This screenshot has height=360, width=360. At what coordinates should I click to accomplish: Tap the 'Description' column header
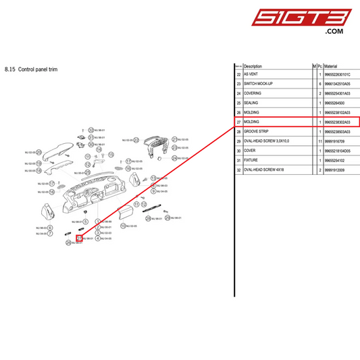coord(253,66)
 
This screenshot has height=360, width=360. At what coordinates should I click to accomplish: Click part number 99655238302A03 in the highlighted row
coord(338,122)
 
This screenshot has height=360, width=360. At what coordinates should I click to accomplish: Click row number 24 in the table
coord(238,93)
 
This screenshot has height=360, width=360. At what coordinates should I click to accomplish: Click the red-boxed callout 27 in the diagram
coord(79,238)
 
